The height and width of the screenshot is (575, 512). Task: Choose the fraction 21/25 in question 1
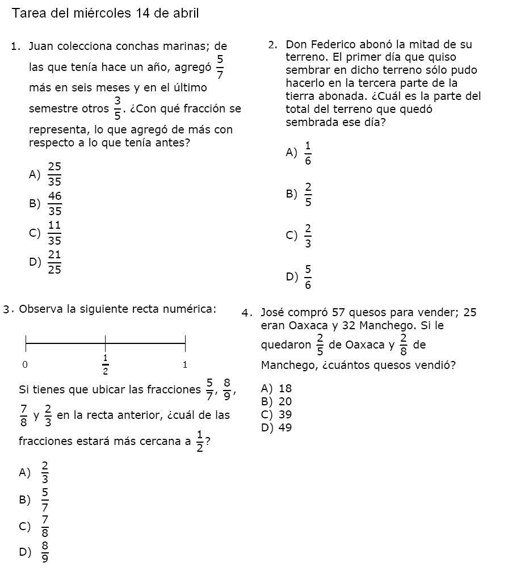(x=55, y=262)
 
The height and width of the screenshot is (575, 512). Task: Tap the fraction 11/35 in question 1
(x=54, y=232)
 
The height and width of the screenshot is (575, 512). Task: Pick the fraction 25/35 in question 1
(x=55, y=174)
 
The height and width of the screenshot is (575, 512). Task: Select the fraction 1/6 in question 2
(x=308, y=153)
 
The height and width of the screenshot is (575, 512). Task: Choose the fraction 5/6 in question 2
(x=308, y=277)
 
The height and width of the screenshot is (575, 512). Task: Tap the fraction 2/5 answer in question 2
(x=308, y=194)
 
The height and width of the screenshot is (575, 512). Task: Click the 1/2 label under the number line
(x=105, y=364)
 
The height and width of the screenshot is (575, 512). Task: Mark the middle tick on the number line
(x=105, y=342)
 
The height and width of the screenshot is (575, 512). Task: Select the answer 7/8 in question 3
(x=45, y=526)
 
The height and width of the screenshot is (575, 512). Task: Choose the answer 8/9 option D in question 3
(x=45, y=551)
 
